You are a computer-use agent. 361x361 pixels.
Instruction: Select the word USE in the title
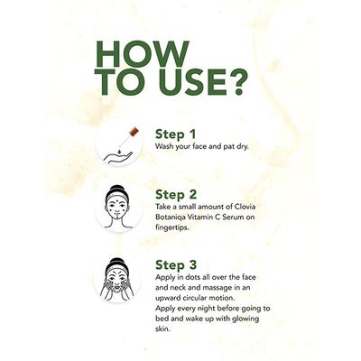pyautogui.click(x=186, y=82)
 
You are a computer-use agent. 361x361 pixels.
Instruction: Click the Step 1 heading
pyautogui.click(x=175, y=134)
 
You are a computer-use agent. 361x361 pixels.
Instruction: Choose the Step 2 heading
pyautogui.click(x=176, y=195)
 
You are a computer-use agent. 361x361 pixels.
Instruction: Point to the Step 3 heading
pyautogui.click(x=176, y=265)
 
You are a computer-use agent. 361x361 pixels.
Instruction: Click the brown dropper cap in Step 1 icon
pyautogui.click(x=134, y=132)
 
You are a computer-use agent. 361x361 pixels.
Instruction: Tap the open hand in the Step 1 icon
pyautogui.click(x=118, y=157)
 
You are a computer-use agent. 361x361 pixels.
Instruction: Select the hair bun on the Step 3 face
pyautogui.click(x=117, y=261)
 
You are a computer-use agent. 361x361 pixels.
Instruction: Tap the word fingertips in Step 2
pyautogui.click(x=171, y=227)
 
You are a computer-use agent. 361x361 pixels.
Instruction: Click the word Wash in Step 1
pyautogui.click(x=163, y=147)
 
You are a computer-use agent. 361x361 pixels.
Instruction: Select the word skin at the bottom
pyautogui.click(x=162, y=329)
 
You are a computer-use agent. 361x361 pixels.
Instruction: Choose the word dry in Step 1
pyautogui.click(x=242, y=147)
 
